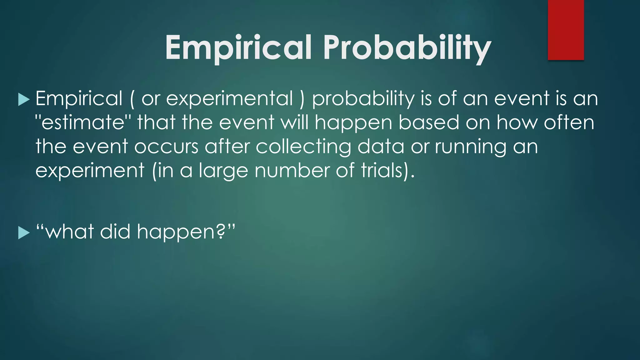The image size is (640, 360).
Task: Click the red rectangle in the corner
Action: [x=566, y=30]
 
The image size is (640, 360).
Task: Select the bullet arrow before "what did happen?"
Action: [x=24, y=233]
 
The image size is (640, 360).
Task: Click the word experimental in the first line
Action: [x=230, y=99]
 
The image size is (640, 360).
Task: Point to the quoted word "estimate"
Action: [x=83, y=122]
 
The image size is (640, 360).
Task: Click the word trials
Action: [x=381, y=170]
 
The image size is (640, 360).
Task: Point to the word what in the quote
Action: [x=70, y=232]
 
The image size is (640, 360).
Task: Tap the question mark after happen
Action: [x=221, y=232]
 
